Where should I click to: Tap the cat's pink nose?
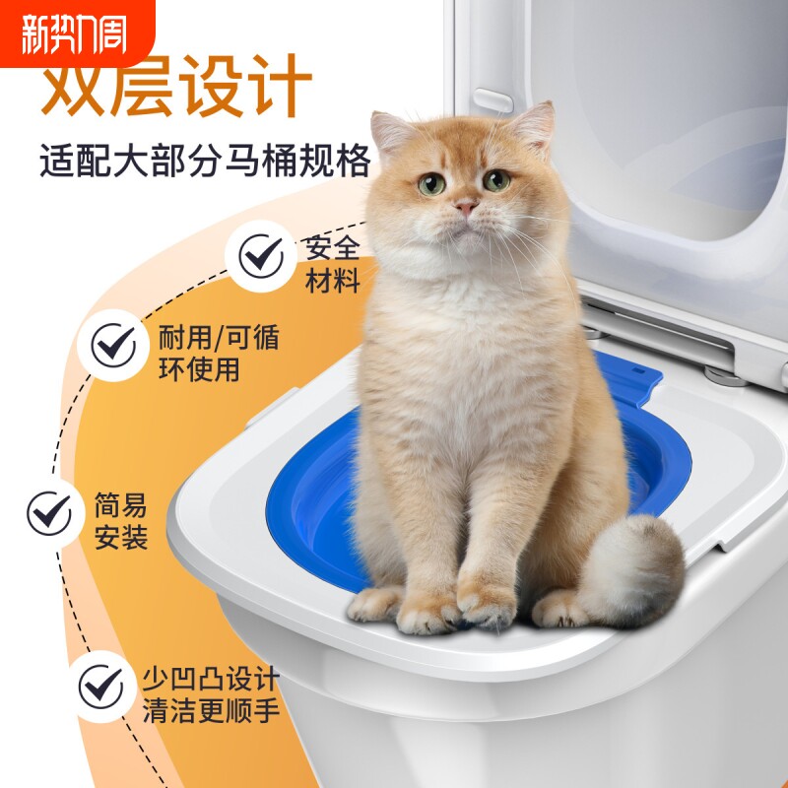coord(465,207)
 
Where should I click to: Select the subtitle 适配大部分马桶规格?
coord(205,160)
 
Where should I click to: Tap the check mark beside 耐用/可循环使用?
coord(114,345)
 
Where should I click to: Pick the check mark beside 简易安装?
coord(49,513)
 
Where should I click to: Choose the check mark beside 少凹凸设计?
coord(101,685)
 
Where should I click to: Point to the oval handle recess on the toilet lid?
coord(493,100)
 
